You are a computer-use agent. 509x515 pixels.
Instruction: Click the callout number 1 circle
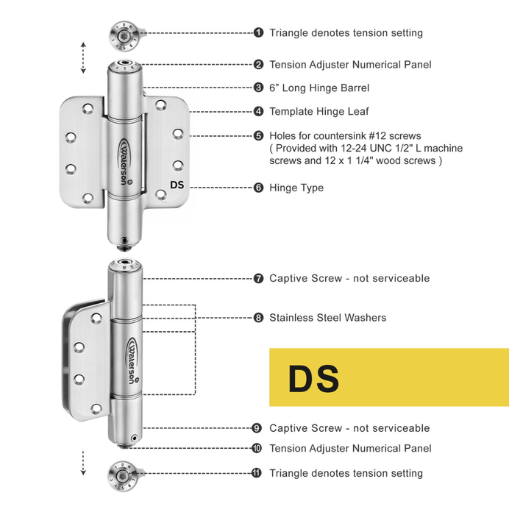click(259, 32)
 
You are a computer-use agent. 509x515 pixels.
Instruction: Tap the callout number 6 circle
click(259, 188)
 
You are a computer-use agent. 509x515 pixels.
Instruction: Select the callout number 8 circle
click(259, 318)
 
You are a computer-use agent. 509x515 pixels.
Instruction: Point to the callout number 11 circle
click(257, 473)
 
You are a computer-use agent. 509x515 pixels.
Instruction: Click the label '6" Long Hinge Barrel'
click(319, 88)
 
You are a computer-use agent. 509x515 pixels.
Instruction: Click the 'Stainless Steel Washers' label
click(327, 318)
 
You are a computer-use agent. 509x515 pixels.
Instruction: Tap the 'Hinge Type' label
click(296, 188)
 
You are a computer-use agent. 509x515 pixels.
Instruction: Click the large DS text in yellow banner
click(313, 378)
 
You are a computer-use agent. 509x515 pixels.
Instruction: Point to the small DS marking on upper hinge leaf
click(177, 185)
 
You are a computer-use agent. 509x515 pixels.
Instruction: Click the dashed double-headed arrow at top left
click(83, 57)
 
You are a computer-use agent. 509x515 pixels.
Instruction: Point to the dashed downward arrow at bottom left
click(83, 462)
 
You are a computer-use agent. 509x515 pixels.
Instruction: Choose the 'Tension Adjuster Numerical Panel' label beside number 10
click(350, 448)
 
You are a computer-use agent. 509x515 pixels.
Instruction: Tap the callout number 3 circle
click(259, 88)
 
